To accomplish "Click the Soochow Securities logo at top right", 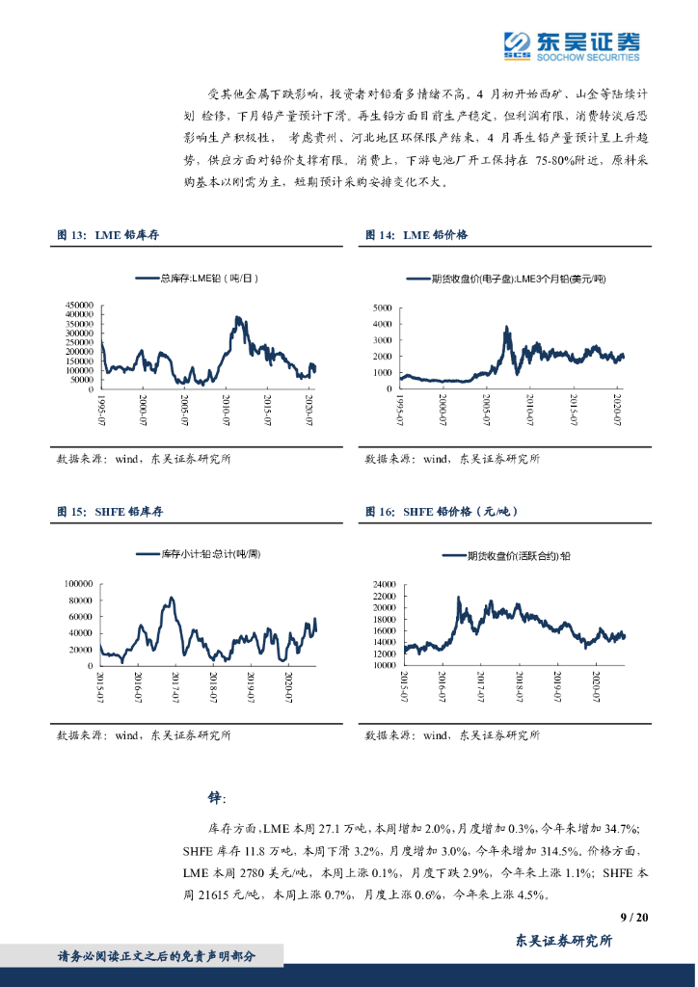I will [572, 43].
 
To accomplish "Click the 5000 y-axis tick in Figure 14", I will [382, 308].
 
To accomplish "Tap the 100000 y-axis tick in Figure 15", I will [79, 584].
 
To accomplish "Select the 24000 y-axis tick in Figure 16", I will [384, 584].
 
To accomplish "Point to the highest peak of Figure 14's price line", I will [508, 328].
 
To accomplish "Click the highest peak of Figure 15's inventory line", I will [172, 598].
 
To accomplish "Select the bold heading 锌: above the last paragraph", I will [216, 798].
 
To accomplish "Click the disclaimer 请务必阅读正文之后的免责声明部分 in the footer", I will [157, 956].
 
